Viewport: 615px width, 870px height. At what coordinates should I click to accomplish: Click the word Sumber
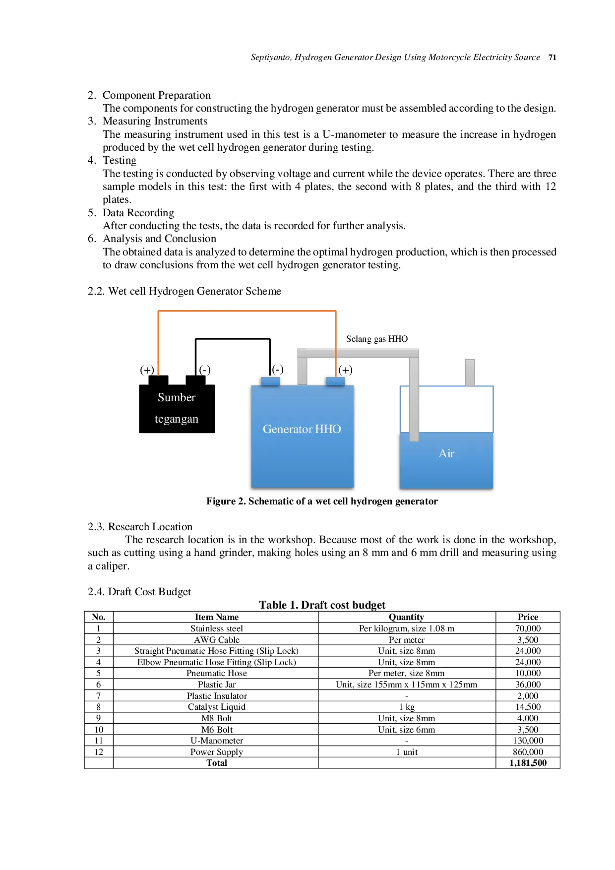pyautogui.click(x=177, y=397)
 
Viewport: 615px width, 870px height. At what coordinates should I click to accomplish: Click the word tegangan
pyautogui.click(x=177, y=419)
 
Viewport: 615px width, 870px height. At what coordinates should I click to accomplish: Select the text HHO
pyautogui.click(x=328, y=429)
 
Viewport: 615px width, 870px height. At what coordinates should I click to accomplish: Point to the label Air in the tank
pyautogui.click(x=446, y=453)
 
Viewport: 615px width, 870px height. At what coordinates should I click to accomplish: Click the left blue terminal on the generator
pyautogui.click(x=270, y=381)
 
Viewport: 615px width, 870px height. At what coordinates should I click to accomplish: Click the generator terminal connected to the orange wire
pyautogui.click(x=335, y=381)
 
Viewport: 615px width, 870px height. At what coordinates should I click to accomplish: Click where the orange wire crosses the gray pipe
pyautogui.click(x=336, y=353)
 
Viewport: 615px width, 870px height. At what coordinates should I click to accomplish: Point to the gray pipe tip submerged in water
pyautogui.click(x=414, y=437)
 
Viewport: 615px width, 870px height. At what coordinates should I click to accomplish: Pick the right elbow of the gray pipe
pyautogui.click(x=414, y=353)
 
